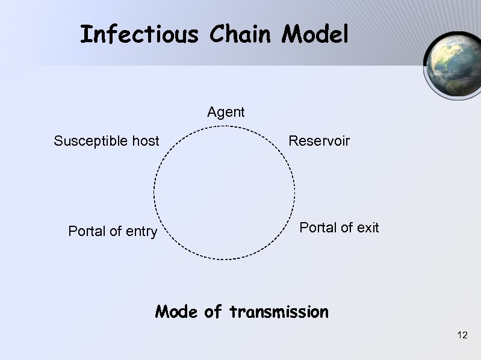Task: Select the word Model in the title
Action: point(315,34)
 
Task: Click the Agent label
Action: point(226,112)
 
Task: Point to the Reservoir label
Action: point(319,141)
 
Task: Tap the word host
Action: point(145,141)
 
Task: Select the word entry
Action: point(141,232)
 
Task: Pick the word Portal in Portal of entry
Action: point(87,231)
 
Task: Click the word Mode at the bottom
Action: point(176,312)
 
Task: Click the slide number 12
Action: point(462,335)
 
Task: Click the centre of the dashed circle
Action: point(225,193)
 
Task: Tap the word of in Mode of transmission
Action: point(213,312)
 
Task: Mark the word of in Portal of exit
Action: point(346,228)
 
